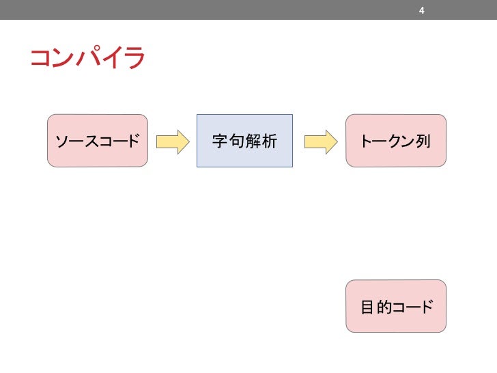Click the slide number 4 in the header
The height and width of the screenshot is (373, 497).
coord(422,10)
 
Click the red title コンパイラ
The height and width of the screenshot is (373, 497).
coord(87,58)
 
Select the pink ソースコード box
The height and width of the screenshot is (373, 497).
coord(98,141)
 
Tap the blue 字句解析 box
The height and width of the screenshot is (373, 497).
coord(244,141)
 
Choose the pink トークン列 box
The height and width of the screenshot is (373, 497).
coord(396,141)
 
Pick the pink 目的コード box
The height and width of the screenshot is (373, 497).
coord(396,306)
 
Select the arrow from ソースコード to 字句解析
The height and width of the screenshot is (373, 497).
coord(172,141)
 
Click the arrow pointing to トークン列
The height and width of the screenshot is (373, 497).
coord(321,141)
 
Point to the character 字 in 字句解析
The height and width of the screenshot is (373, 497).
coord(220,141)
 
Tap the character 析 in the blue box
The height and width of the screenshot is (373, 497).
coord(269,141)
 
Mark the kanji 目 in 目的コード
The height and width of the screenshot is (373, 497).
coord(367,307)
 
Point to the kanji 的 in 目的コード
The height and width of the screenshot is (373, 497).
coord(384,307)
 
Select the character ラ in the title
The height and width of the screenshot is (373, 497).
coord(134,59)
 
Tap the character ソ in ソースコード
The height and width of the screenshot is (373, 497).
coord(62,141)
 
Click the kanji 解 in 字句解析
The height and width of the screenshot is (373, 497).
coord(253,141)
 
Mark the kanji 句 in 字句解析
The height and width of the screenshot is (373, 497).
coord(236,141)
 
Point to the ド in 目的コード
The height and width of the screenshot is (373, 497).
coord(426,307)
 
